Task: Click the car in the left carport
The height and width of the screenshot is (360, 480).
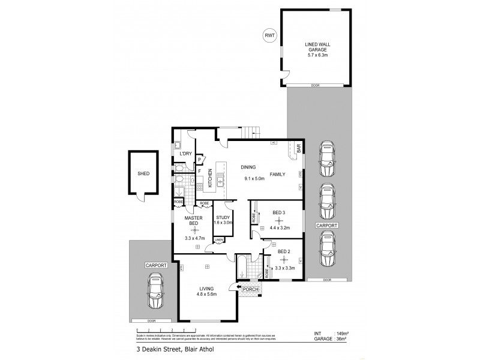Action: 155,291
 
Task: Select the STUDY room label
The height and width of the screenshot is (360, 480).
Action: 223,217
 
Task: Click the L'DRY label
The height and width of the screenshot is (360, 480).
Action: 186,154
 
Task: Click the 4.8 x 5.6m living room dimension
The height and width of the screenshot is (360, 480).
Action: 207,295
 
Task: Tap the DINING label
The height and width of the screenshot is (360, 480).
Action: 249,167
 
